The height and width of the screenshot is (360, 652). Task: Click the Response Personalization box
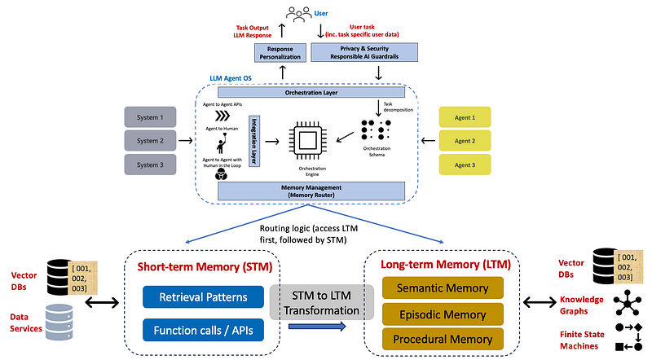point(282,53)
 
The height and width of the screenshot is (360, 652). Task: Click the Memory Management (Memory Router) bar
point(311,191)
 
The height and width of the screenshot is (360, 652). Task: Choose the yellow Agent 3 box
point(465,164)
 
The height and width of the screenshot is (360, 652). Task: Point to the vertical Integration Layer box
point(253,140)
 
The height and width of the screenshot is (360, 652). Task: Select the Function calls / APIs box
point(204,330)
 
